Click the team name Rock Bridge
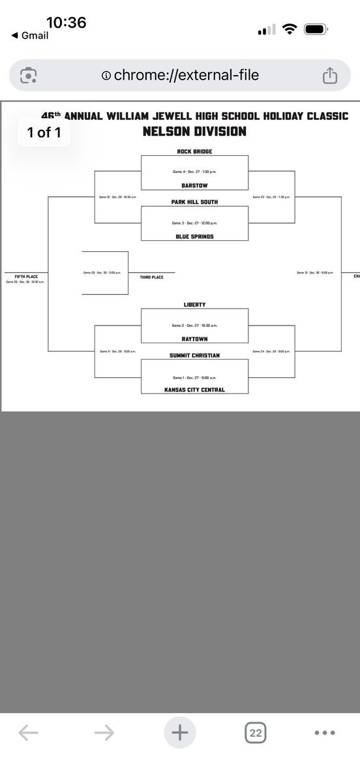pyautogui.click(x=194, y=151)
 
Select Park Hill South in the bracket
pyautogui.click(x=194, y=202)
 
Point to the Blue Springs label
pyautogui.click(x=194, y=237)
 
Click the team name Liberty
pyautogui.click(x=194, y=304)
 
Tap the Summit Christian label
pyautogui.click(x=194, y=355)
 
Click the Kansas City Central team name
pyautogui.click(x=194, y=390)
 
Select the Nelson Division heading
pyautogui.click(x=194, y=131)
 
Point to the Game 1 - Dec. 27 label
pyautogui.click(x=194, y=377)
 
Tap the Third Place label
pyautogui.click(x=151, y=277)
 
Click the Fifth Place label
pyautogui.click(x=27, y=277)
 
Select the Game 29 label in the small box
pyautogui.click(x=104, y=272)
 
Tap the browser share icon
pyautogui.click(x=329, y=76)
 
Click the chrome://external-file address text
pyautogui.click(x=186, y=76)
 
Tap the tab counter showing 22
pyautogui.click(x=256, y=733)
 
